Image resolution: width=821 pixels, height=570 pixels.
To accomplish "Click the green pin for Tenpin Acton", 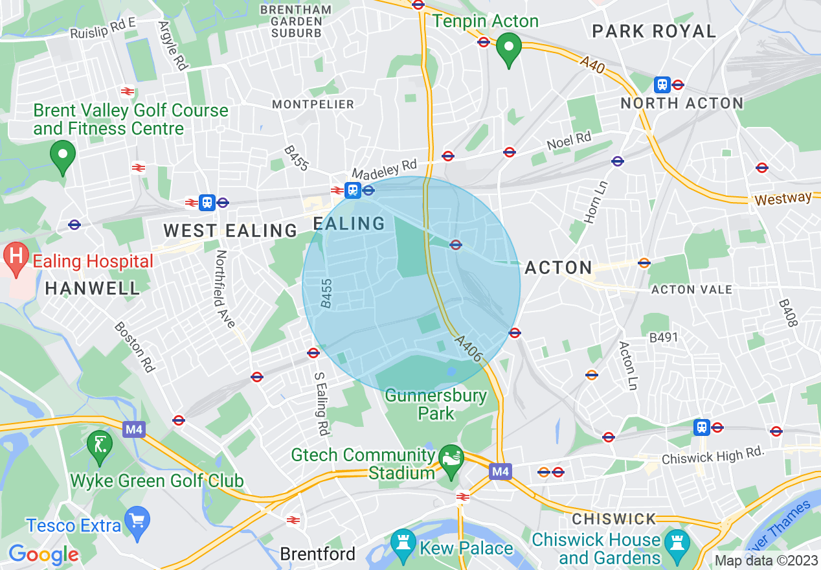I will (509, 49).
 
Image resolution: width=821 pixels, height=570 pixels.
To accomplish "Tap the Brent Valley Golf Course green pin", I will (63, 156).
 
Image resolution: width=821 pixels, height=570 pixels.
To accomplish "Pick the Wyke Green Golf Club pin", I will (100, 446).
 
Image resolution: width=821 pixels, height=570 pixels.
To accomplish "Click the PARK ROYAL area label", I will (654, 31).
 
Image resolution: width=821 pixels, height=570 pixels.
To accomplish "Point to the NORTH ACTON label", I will (682, 103).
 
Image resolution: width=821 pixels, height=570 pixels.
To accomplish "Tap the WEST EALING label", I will (230, 230).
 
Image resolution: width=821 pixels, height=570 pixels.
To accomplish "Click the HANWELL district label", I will (93, 288).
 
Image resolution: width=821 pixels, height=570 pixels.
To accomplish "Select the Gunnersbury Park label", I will (436, 404).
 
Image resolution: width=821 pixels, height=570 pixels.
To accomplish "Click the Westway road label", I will (783, 198).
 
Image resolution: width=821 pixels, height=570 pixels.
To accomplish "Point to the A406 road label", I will (468, 348).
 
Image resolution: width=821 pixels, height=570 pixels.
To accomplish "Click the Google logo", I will (43, 554).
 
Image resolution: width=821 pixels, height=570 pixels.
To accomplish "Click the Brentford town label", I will (318, 554).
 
